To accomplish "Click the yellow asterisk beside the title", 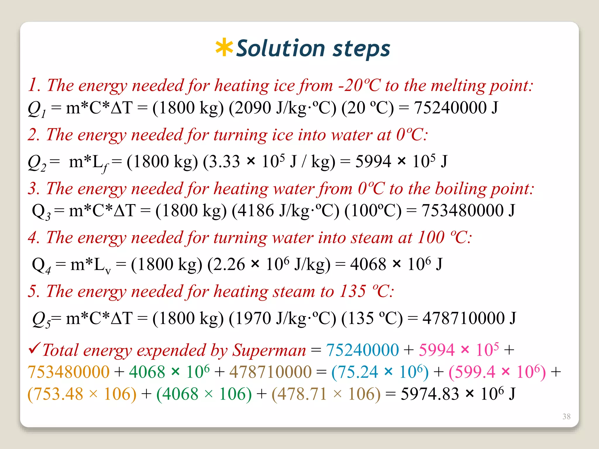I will pyautogui.click(x=224, y=47).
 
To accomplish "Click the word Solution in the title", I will pyautogui.click(x=280, y=48).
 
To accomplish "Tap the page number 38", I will pyautogui.click(x=566, y=416).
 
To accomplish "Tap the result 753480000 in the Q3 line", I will pyautogui.click(x=462, y=210).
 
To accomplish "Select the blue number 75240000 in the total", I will pyautogui.click(x=362, y=350).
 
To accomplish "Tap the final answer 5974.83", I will pyautogui.click(x=430, y=394).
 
